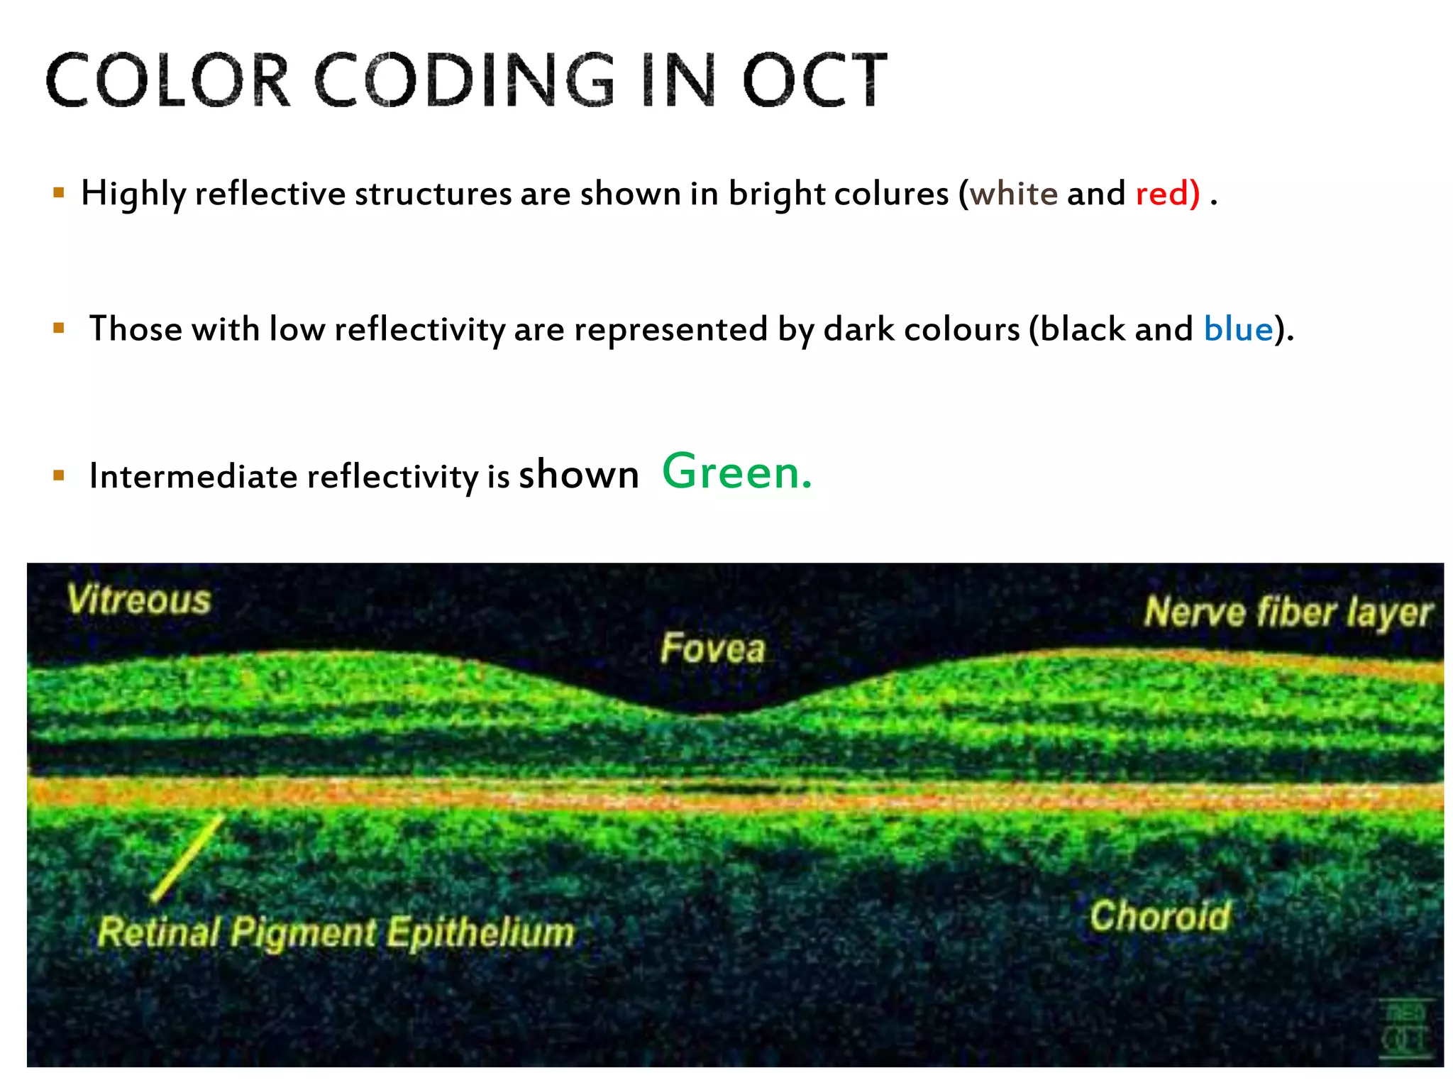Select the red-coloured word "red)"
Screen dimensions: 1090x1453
pos(1167,194)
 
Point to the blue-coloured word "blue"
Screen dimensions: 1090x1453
pos(1238,329)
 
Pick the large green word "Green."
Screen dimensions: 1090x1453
pos(736,473)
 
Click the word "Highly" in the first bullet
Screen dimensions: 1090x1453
pos(133,194)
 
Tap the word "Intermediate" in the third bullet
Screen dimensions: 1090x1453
pos(193,475)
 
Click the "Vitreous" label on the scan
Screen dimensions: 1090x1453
pos(139,600)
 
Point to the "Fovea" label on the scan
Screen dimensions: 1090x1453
pos(712,649)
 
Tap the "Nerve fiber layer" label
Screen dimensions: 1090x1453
pos(1288,612)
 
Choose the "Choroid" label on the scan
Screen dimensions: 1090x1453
pos(1160,915)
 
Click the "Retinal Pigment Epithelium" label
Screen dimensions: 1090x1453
pos(336,932)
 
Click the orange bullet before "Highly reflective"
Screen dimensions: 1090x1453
pos(59,192)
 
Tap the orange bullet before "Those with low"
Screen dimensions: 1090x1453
pos(59,328)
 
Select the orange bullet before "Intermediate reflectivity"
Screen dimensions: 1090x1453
pos(59,475)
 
